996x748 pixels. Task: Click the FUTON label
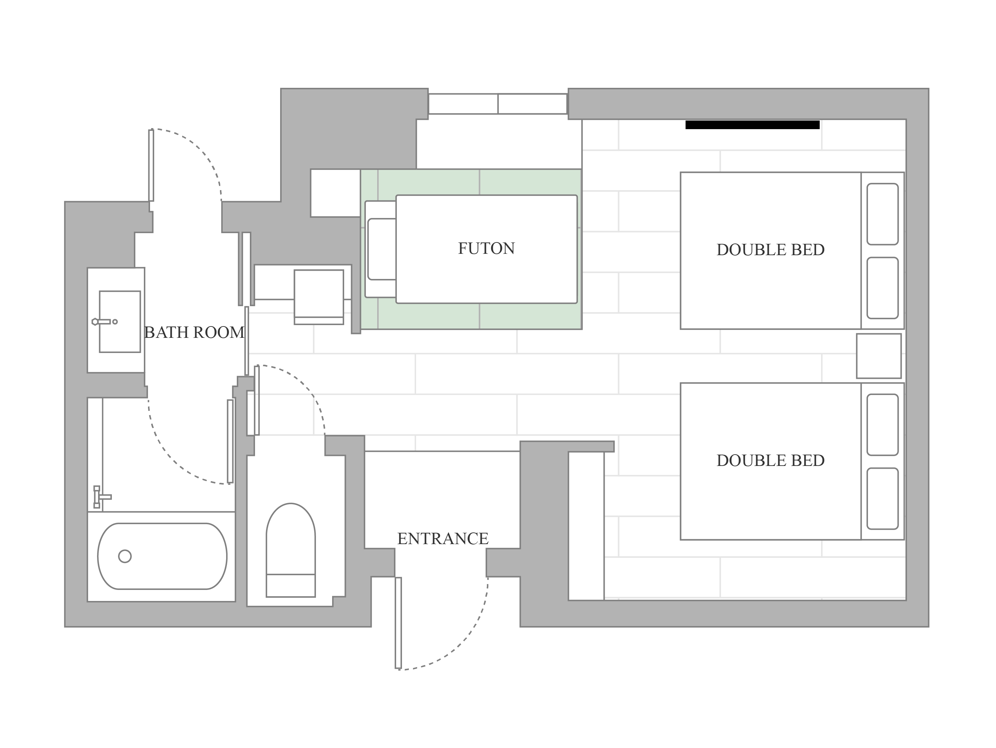click(x=486, y=248)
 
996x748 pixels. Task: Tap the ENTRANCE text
click(x=443, y=539)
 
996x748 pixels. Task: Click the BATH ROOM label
click(x=194, y=333)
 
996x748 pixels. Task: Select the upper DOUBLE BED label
click(x=771, y=250)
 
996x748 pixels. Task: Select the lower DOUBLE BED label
click(x=771, y=460)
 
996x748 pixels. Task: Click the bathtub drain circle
click(x=125, y=556)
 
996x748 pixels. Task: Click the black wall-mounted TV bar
click(x=752, y=125)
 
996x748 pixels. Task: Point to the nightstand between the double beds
click(x=879, y=356)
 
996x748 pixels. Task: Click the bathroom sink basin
click(x=120, y=322)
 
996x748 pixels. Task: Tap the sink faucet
click(x=104, y=322)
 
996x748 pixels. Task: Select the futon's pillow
click(x=382, y=249)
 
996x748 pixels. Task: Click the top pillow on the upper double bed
click(x=882, y=214)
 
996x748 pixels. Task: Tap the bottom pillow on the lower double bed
click(x=882, y=499)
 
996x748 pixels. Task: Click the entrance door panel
click(x=398, y=623)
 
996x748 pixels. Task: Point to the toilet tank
click(x=290, y=586)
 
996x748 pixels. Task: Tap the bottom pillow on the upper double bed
click(x=882, y=288)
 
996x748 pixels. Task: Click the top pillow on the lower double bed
click(x=882, y=425)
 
